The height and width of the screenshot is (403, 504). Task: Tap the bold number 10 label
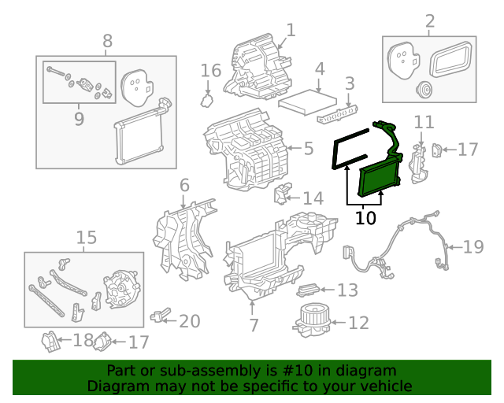pos(365,218)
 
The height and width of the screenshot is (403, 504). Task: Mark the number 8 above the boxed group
pos(108,41)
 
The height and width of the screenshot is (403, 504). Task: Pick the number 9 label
pos(79,118)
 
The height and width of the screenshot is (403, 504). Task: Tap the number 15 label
pos(86,237)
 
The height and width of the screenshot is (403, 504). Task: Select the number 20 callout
pos(189,321)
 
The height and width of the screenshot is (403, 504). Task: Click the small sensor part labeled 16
pos(208,99)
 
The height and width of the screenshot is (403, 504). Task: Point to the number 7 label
pos(253,324)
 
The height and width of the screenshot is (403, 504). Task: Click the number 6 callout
pos(184,186)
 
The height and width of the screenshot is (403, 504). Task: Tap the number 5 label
pos(308,147)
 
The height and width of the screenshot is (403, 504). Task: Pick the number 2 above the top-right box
pos(429,20)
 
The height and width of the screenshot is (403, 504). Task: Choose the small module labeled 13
pos(309,290)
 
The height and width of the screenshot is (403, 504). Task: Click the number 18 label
pos(83,341)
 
